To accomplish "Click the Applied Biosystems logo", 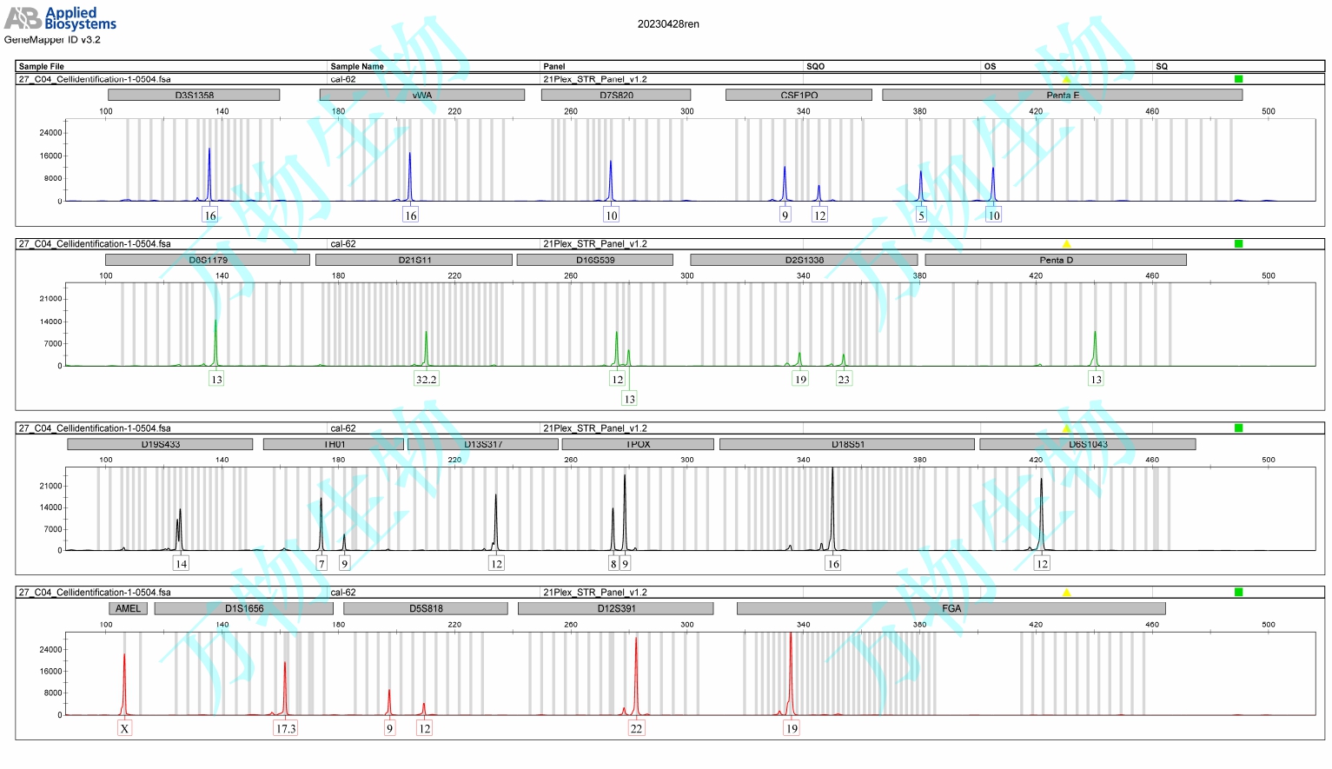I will tap(60, 18).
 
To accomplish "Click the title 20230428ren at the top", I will tap(667, 24).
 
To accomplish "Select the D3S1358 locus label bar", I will tap(194, 95).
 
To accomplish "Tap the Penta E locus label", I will tap(1062, 95).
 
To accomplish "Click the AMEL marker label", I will tap(128, 608).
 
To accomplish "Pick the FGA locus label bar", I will tap(951, 608).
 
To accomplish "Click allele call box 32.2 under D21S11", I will tap(426, 380).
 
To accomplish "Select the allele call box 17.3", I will tap(285, 729).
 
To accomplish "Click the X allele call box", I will tap(124, 729).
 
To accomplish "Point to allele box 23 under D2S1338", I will tap(843, 380).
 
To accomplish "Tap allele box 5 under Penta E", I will tap(921, 215).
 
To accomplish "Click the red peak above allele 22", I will tap(636, 660).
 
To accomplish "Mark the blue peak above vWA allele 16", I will tap(410, 169).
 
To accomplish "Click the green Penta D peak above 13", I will tap(1095, 343).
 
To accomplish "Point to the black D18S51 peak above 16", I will tap(832, 495).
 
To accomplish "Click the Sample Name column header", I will tap(356, 66).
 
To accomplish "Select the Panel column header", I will tap(553, 66).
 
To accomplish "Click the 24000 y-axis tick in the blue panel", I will tap(51, 133).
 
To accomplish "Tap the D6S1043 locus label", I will tap(1087, 444).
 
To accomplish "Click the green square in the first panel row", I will tap(1238, 79).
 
